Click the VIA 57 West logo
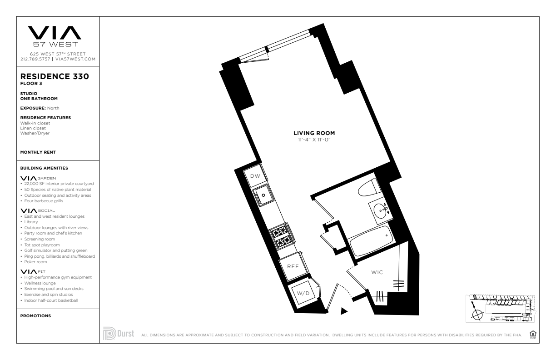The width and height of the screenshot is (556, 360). (x=55, y=36)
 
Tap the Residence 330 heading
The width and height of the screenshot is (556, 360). (x=55, y=76)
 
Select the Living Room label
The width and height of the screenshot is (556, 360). (x=314, y=133)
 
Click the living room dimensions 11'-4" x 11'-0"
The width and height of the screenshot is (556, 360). (x=314, y=140)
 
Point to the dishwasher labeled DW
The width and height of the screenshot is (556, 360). (x=255, y=176)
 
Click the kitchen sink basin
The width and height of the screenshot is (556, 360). (x=263, y=195)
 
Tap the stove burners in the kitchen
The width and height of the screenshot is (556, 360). (x=282, y=236)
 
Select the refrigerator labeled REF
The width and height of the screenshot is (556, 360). (x=293, y=266)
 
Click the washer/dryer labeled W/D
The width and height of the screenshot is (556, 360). (x=303, y=293)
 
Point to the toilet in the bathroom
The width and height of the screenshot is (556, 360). (x=369, y=188)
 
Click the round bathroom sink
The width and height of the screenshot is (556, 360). (x=381, y=210)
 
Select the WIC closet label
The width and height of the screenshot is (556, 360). (x=377, y=272)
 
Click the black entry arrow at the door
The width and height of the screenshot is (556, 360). (x=344, y=311)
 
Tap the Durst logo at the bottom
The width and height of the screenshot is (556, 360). (x=119, y=333)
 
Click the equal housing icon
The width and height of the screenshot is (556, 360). (x=533, y=334)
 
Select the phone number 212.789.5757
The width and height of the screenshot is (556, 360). (x=35, y=59)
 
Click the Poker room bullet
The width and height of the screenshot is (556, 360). (x=35, y=262)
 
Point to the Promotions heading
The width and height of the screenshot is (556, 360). (x=35, y=316)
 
